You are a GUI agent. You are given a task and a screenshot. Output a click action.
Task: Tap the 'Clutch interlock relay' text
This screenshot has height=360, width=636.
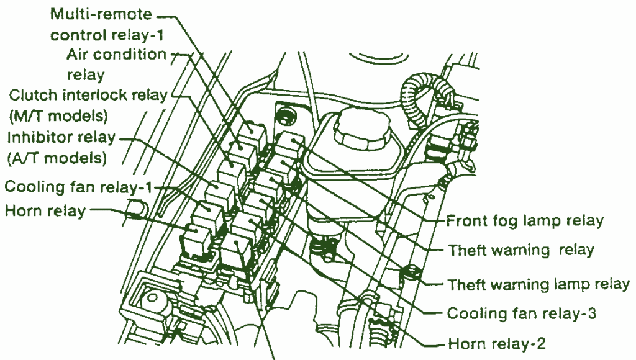[x=88, y=96]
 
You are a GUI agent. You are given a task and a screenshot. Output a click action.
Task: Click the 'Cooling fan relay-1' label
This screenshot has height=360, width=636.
[x=79, y=187]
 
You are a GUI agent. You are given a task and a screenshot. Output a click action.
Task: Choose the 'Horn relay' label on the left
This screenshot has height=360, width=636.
[x=45, y=211]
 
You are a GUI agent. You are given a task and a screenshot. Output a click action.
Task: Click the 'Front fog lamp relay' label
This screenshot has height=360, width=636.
[x=525, y=221]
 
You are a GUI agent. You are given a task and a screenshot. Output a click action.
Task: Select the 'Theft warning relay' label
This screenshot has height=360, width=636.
[x=521, y=251]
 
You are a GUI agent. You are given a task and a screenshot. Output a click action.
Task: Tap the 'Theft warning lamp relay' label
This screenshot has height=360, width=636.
[x=538, y=284]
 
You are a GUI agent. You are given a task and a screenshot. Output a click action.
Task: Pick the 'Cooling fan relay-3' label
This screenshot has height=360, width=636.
[x=522, y=313]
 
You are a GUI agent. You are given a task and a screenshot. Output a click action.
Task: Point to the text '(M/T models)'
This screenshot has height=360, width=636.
[x=58, y=116]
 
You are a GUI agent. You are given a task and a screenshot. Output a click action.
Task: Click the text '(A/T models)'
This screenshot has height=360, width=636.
[x=57, y=158]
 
